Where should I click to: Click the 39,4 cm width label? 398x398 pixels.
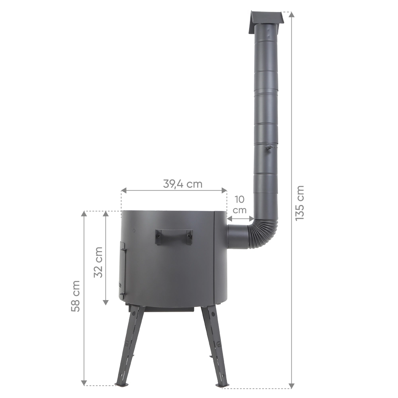(x=183, y=184)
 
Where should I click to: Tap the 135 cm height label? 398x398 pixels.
(x=300, y=203)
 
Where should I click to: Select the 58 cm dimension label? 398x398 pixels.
(x=75, y=296)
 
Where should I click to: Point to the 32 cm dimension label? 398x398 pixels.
(x=98, y=262)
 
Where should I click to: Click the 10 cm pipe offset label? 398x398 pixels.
(x=240, y=205)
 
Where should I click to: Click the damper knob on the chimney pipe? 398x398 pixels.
(x=267, y=148)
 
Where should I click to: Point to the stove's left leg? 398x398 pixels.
(x=129, y=347)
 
